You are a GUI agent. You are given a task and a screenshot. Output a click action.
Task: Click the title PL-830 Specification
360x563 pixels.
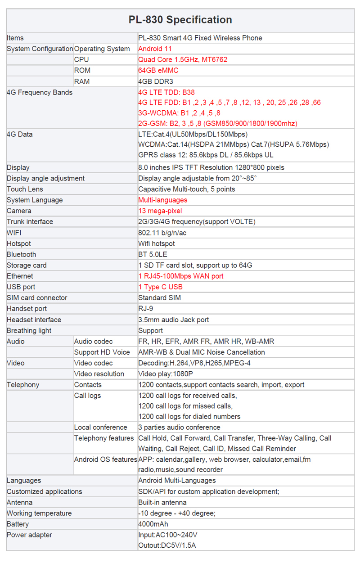tap(180, 20)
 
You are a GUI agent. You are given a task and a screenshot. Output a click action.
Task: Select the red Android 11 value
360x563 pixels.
tap(155, 49)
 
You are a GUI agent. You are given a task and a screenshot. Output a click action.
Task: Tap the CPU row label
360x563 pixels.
tap(81, 59)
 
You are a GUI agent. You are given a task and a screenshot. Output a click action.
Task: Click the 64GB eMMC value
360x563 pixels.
tap(158, 70)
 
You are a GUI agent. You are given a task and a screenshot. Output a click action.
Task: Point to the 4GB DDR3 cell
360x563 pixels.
tap(156, 81)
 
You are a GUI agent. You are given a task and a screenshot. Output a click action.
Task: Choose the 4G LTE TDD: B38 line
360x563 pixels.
tap(166, 92)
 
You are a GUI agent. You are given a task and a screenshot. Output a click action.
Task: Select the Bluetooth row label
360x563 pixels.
tap(22, 254)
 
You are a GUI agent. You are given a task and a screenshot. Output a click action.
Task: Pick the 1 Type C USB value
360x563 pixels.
tap(161, 287)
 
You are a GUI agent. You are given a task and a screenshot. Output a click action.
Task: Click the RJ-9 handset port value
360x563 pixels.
tap(145, 308)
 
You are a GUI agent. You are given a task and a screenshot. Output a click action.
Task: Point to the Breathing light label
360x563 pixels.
tap(29, 330)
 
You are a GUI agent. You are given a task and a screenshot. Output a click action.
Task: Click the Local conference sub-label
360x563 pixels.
tap(101, 427)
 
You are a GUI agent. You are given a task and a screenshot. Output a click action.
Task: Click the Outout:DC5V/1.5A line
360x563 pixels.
tap(167, 545)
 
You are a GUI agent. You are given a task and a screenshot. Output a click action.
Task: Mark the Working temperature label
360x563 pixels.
tap(39, 513)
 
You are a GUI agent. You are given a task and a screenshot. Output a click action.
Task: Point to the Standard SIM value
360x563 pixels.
tap(159, 297)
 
